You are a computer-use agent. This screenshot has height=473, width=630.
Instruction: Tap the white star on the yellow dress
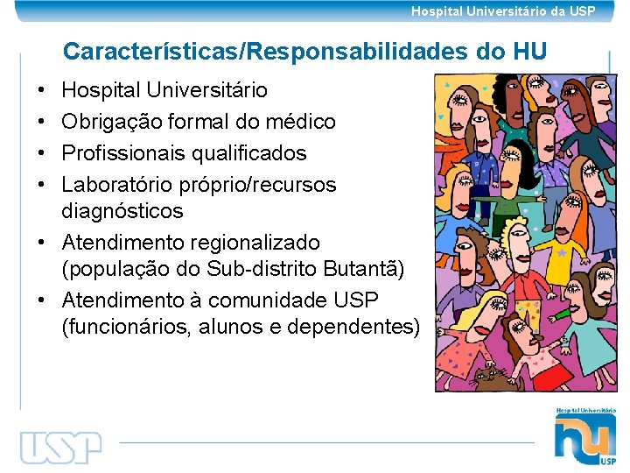[562, 253]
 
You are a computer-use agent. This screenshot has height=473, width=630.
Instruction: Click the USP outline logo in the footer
[61, 447]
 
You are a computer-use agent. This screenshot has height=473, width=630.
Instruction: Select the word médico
[303, 122]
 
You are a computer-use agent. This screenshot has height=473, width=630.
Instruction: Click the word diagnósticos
[122, 211]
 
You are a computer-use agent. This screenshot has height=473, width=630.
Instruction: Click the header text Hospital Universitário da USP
[503, 11]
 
